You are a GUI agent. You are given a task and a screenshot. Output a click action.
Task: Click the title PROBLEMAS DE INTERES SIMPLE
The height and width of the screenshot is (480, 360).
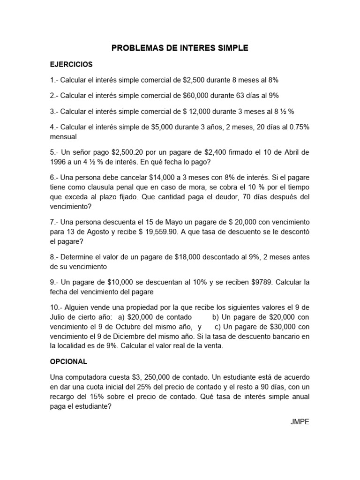click(180, 48)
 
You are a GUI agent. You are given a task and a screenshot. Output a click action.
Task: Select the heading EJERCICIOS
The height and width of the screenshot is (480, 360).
click(71, 64)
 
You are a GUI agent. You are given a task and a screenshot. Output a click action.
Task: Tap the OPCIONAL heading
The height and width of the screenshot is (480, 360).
click(68, 362)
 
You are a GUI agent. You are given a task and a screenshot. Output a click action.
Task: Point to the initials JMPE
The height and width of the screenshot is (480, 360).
click(300, 421)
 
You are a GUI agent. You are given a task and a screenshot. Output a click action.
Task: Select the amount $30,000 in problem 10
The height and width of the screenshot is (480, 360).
click(281, 327)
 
